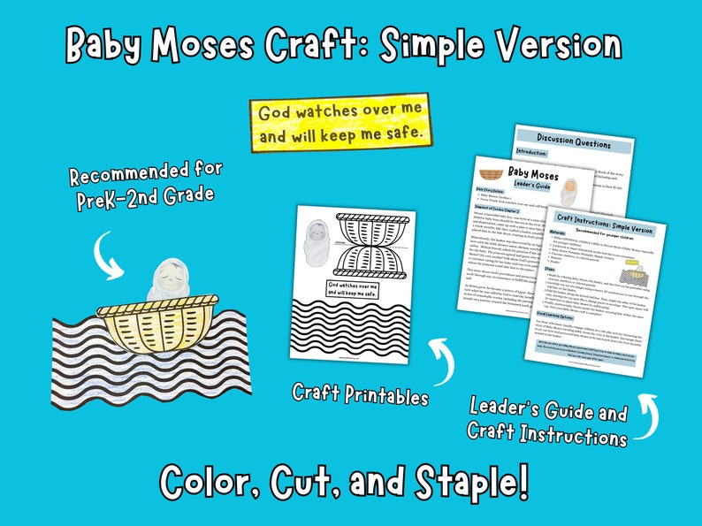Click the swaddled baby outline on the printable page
pyautogui.click(x=316, y=240)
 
